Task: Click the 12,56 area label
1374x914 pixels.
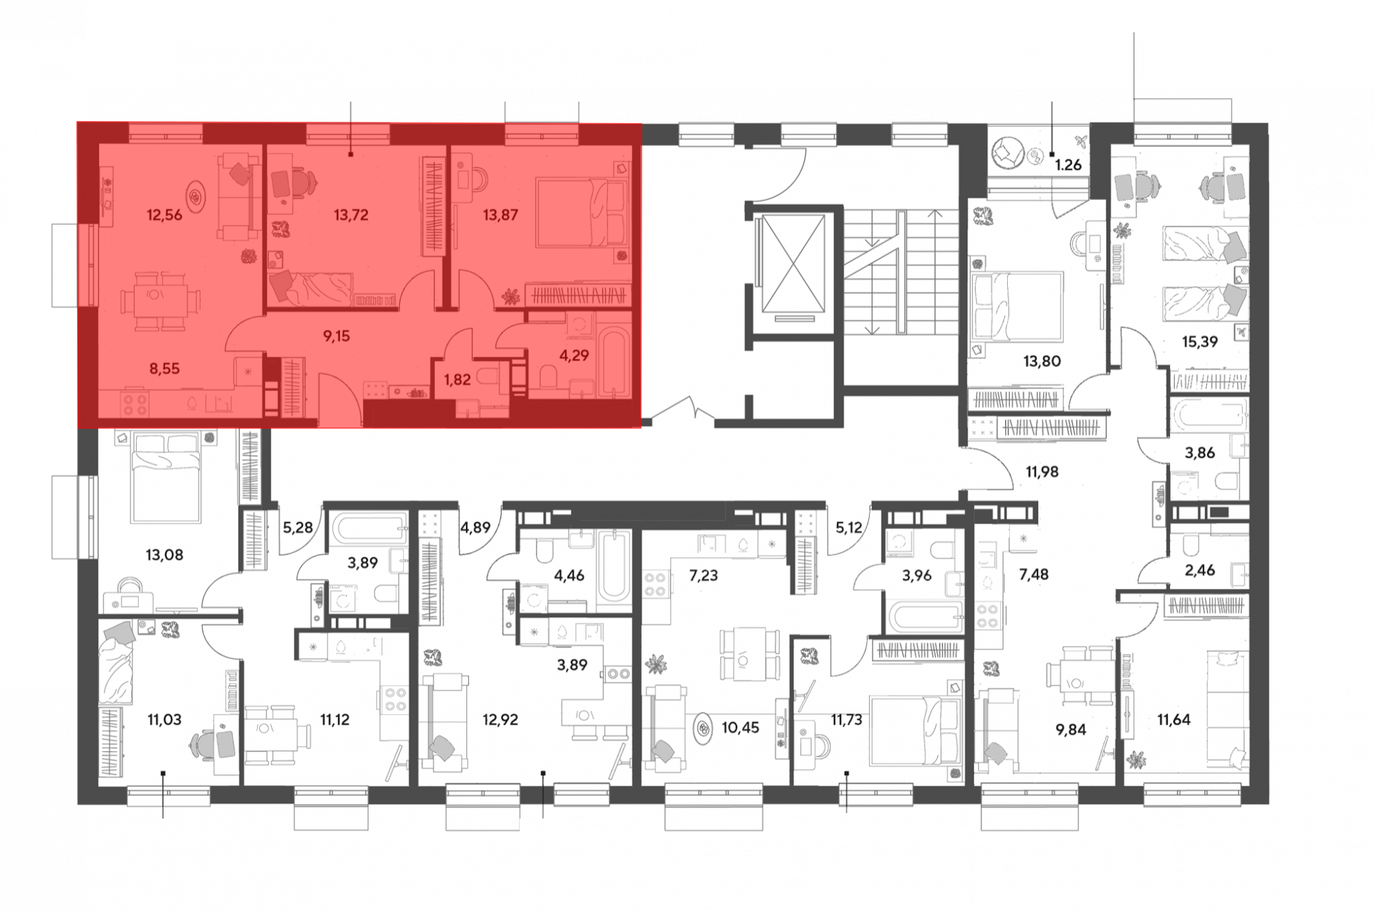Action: coord(164,215)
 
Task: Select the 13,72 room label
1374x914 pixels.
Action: coord(351,215)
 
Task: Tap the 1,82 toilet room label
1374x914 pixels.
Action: coord(458,379)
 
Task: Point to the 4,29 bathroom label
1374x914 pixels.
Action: coord(574,356)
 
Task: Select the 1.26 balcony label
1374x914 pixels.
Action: coord(1068,165)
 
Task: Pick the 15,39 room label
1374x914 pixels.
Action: coord(1200,342)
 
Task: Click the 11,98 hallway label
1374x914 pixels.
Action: coord(1041,472)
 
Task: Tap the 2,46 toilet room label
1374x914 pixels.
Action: coord(1200,570)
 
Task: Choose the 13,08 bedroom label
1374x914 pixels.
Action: coord(164,555)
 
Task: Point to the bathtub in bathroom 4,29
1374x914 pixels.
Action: coord(613,363)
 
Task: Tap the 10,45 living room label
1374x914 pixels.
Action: coord(741,728)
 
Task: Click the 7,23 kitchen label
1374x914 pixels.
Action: coord(703,575)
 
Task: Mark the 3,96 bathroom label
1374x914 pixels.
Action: coord(916,575)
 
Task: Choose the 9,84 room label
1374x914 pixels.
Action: coord(1070,729)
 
